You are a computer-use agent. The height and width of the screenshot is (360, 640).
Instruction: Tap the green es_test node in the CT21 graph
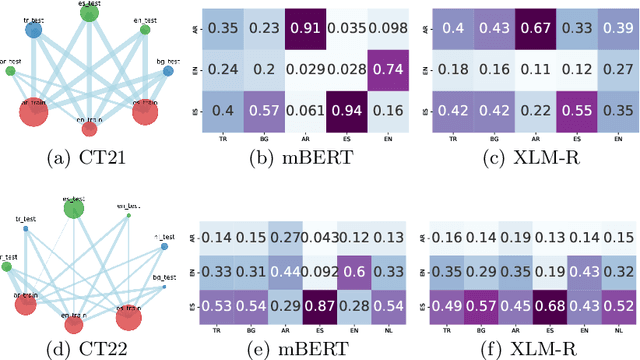tap(90, 13)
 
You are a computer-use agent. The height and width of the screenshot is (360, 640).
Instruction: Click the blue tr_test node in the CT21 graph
tap(33, 31)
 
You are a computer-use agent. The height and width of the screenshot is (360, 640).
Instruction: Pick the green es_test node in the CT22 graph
tap(73, 207)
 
